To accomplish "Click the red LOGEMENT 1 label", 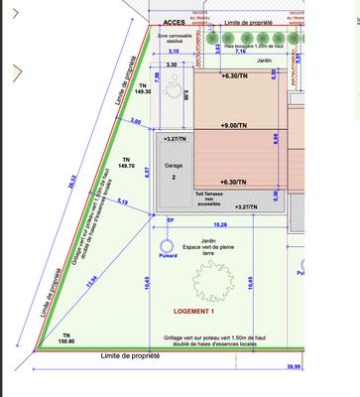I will (x=187, y=312).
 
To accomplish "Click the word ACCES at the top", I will (x=174, y=21).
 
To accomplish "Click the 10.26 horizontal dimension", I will (x=220, y=224).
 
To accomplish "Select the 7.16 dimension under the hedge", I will (x=240, y=51).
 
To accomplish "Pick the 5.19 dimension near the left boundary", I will (x=122, y=202).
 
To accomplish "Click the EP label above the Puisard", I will (x=170, y=220).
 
